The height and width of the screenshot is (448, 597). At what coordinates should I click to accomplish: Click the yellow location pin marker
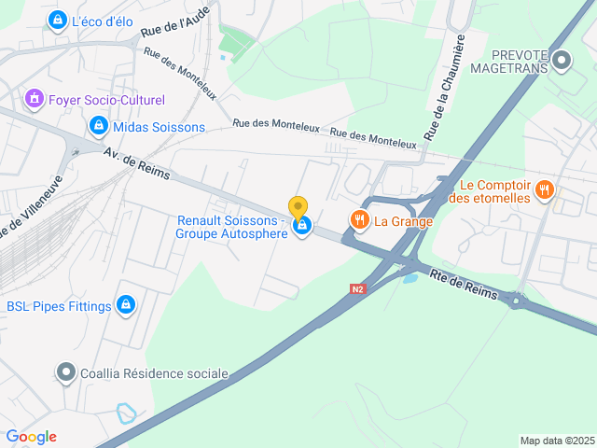pyautogui.click(x=298, y=207)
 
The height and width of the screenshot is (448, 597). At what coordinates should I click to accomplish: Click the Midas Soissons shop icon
pyautogui.click(x=98, y=125)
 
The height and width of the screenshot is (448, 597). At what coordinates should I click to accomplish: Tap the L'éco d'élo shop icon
pyautogui.click(x=58, y=19)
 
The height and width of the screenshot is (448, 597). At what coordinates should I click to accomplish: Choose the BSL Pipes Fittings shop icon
pyautogui.click(x=126, y=305)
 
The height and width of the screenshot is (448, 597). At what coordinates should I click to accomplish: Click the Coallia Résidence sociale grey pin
pyautogui.click(x=65, y=373)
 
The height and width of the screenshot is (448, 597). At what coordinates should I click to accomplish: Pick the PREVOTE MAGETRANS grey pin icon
pyautogui.click(x=562, y=62)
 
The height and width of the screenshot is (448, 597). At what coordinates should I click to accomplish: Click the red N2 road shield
pyautogui.click(x=359, y=289)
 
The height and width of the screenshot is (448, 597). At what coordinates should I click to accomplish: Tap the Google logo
pyautogui.click(x=31, y=437)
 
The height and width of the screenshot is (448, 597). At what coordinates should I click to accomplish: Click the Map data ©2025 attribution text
pyautogui.click(x=557, y=441)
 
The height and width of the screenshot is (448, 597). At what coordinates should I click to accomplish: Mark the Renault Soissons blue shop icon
pyautogui.click(x=301, y=226)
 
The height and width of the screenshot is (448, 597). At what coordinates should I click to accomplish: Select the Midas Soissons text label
pyautogui.click(x=159, y=126)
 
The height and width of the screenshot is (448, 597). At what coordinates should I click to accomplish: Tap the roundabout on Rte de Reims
pyautogui.click(x=516, y=300)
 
